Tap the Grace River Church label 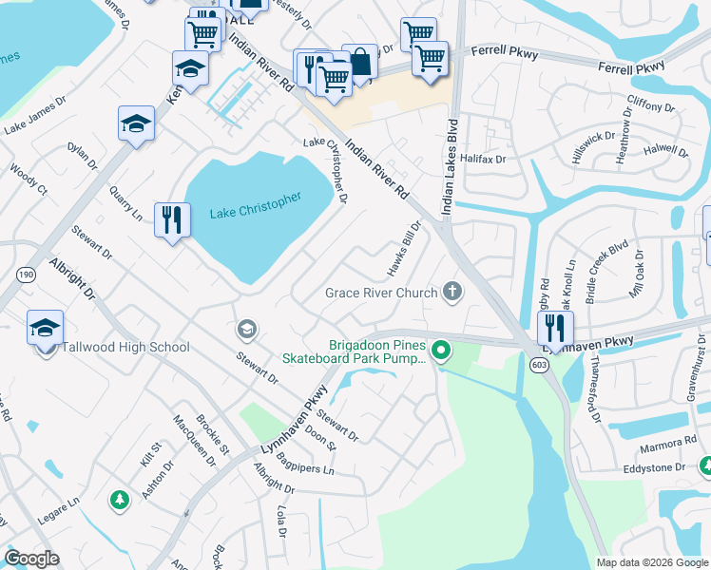381,293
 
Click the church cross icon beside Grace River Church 453,293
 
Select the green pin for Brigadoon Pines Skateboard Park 441,352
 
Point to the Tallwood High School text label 125,348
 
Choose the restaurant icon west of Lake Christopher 171,219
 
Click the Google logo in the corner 31,559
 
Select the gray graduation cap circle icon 246,330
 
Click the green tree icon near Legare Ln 118,499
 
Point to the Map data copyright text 651,562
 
